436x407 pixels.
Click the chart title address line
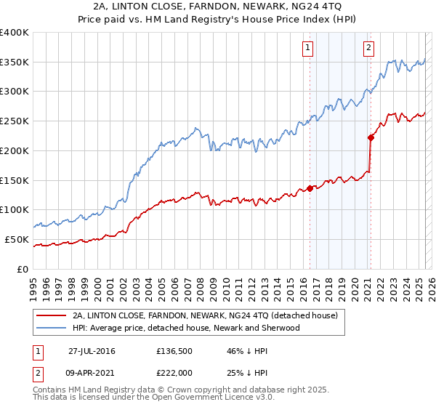tap(217, 6)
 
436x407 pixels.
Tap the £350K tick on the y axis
tap(15, 63)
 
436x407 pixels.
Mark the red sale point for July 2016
tap(310, 188)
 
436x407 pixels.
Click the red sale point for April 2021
tap(371, 137)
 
